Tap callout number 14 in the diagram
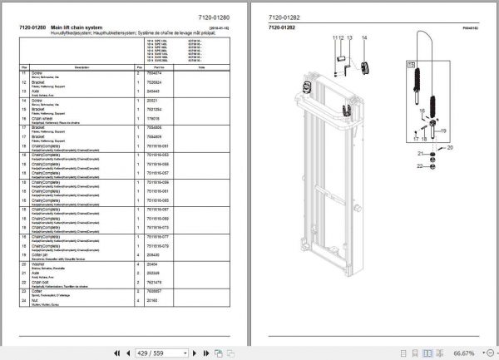pos(365,39)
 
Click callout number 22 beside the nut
pos(421,168)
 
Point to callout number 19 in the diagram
pos(442,131)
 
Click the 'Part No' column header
pos(170,65)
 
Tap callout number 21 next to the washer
pos(421,155)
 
